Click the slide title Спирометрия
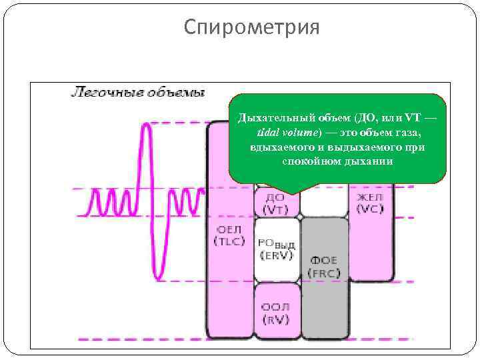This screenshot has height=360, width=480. [252, 27]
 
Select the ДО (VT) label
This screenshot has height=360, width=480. [275, 203]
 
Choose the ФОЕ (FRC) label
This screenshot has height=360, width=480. [325, 267]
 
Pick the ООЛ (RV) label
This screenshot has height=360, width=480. [275, 313]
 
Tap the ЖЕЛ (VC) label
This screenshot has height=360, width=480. [369, 203]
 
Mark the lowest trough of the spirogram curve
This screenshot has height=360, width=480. [157, 276]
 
